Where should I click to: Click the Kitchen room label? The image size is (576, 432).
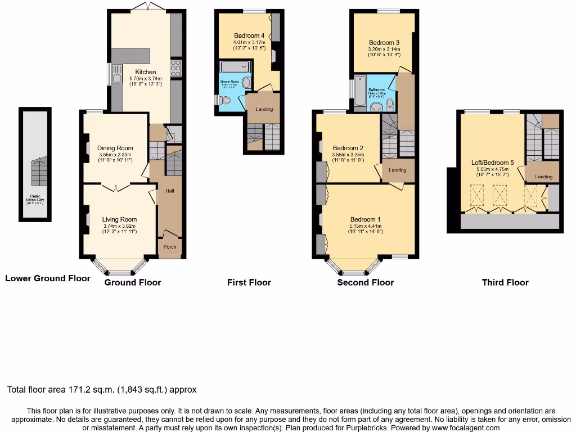click(x=145, y=72)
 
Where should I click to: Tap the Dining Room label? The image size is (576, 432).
click(x=114, y=148)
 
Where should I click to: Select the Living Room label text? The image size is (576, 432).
click(x=119, y=219)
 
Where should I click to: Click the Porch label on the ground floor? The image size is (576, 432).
click(x=169, y=247)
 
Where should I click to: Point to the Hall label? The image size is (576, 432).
click(x=169, y=191)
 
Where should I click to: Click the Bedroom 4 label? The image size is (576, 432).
click(x=249, y=36)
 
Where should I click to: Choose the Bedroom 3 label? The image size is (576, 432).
click(x=384, y=42)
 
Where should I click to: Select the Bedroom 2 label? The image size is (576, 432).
click(x=348, y=148)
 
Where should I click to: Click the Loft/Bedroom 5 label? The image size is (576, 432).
click(x=493, y=163)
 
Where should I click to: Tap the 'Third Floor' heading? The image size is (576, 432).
click(x=505, y=282)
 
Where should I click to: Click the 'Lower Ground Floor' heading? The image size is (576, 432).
click(x=47, y=278)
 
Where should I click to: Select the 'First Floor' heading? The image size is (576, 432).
click(x=249, y=282)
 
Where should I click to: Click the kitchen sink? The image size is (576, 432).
click(x=117, y=72)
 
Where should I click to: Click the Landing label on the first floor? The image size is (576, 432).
click(x=264, y=109)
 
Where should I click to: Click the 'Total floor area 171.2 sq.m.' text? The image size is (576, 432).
click(x=102, y=389)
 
